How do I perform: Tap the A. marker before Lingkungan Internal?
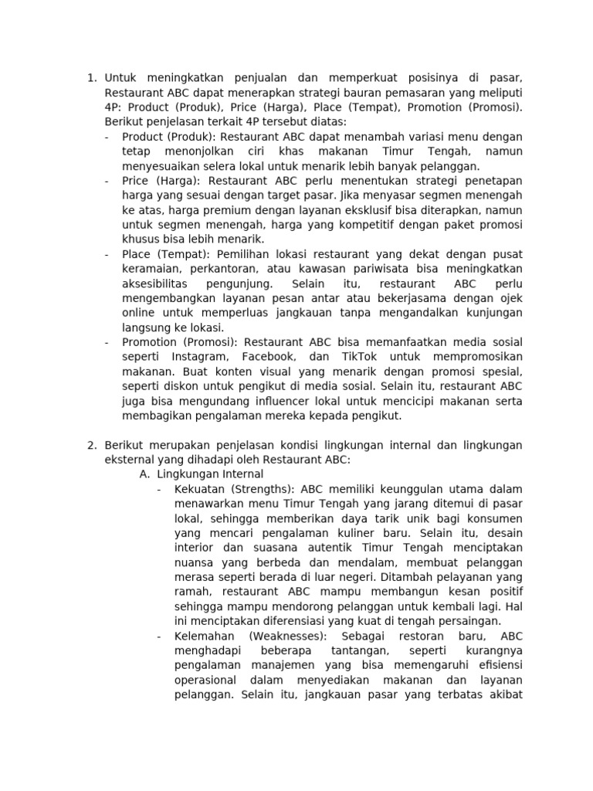coord(144,474)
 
